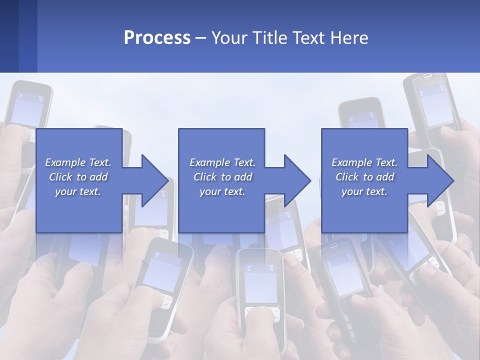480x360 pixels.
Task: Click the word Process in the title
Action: pos(157,38)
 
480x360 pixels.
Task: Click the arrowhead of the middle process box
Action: pos(296,180)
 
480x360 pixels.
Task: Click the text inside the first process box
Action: pos(78,177)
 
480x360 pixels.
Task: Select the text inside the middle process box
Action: pos(222,177)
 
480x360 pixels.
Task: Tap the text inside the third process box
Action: pos(364,177)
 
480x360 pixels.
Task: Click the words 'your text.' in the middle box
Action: pos(222,191)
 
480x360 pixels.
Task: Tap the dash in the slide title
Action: pos(201,38)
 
